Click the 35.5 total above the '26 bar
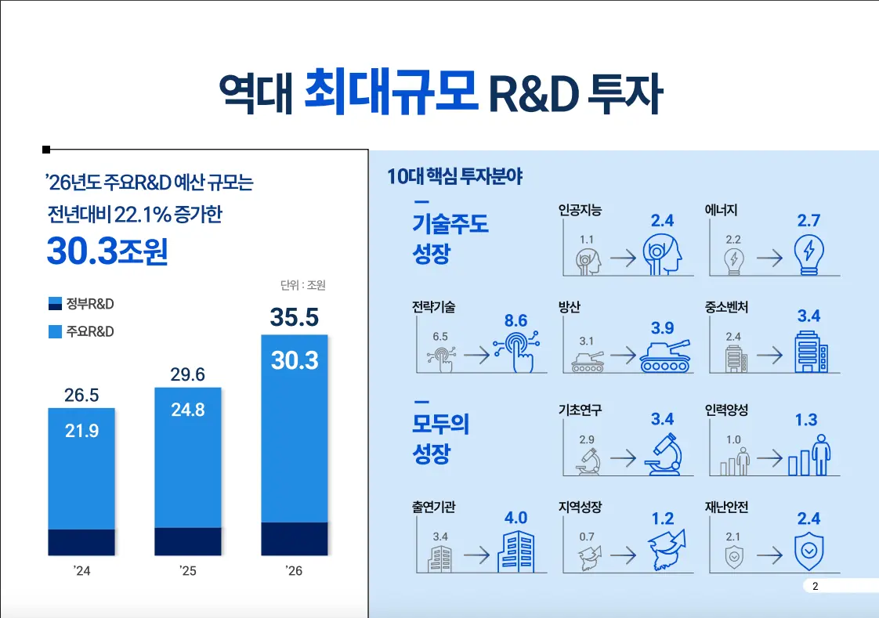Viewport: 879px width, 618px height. (x=295, y=317)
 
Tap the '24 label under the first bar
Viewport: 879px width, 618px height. (x=81, y=571)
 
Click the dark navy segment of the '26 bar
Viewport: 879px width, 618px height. (x=295, y=538)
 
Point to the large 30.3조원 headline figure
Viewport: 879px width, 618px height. (x=107, y=250)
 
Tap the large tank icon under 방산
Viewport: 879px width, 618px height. (x=665, y=356)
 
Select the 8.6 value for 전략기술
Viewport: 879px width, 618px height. (x=515, y=321)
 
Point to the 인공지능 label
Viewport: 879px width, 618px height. (x=580, y=210)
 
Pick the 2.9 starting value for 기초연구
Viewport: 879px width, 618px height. (x=587, y=439)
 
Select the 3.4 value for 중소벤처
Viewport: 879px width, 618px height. (x=808, y=316)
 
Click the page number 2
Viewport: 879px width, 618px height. (x=815, y=587)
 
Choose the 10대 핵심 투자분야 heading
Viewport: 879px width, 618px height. (x=454, y=176)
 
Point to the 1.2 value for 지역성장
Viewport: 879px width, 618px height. (x=662, y=519)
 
